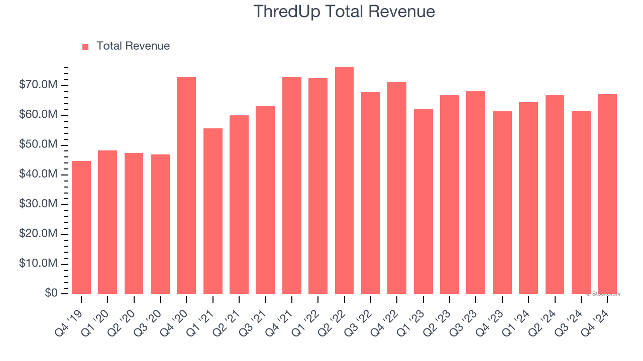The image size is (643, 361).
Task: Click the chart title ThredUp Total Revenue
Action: (x=344, y=11)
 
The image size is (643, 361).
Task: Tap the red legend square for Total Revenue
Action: (x=85, y=47)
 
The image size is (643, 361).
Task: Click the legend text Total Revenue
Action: (x=133, y=46)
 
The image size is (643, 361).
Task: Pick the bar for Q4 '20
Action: (x=186, y=186)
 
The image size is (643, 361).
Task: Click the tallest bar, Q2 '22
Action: (x=344, y=180)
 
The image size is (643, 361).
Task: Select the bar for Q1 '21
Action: (x=212, y=211)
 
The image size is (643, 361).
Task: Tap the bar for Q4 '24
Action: (x=607, y=194)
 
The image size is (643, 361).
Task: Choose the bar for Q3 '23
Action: (x=476, y=193)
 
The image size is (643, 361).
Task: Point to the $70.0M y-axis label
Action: (x=38, y=85)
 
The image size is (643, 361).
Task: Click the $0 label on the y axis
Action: (x=51, y=293)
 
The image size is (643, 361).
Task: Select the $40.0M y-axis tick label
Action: (x=38, y=174)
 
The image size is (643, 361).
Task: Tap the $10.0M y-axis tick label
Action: (x=38, y=264)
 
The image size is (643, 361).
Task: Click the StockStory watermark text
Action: (x=603, y=294)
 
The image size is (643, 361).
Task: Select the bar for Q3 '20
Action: (x=160, y=224)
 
